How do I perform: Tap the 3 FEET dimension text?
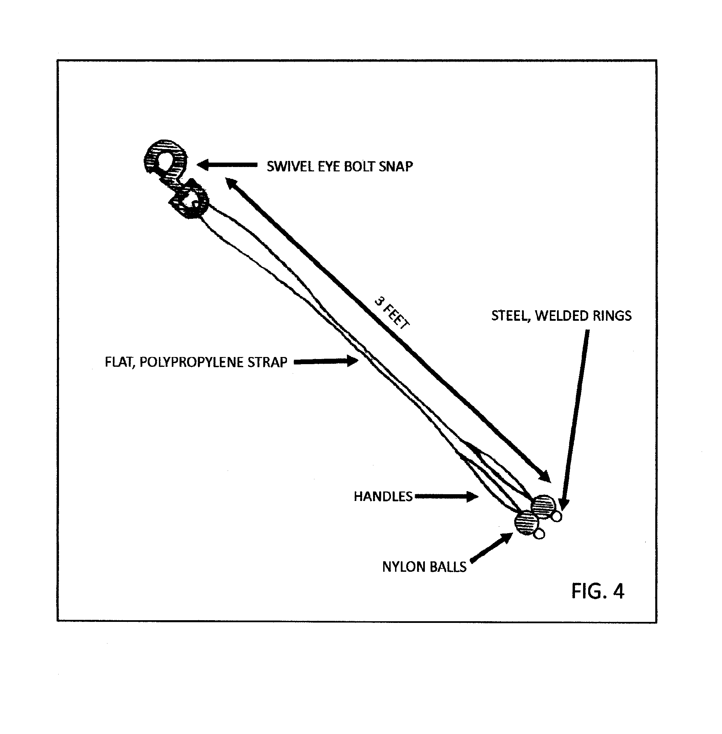(x=392, y=313)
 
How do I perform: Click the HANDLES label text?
(x=383, y=496)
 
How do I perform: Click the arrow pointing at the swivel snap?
(x=227, y=165)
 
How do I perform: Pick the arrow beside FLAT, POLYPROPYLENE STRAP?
(x=326, y=361)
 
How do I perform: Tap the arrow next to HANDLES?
(x=446, y=496)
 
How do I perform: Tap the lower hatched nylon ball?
(x=527, y=522)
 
